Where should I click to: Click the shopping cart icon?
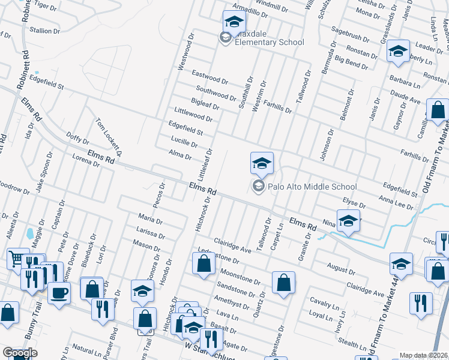(17, 259)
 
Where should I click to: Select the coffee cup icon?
(59, 293)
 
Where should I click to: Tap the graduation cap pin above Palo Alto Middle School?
(262, 163)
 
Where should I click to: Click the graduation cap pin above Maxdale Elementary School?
(234, 22)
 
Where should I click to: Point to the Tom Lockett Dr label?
(109, 137)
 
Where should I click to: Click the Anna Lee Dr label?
(396, 202)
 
